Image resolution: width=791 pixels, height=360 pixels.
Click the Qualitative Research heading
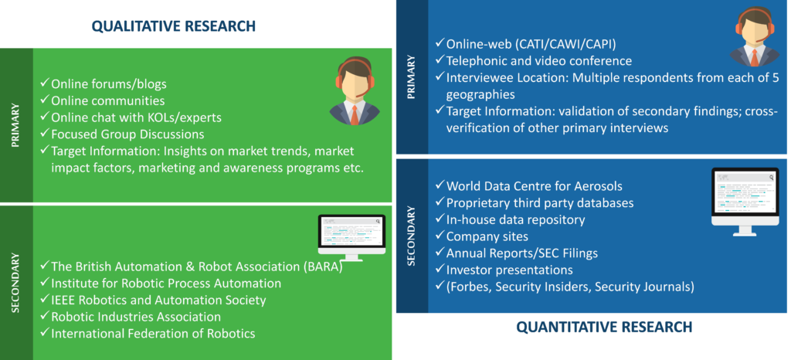pos(174,25)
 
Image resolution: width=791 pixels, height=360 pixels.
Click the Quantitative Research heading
pos(604,328)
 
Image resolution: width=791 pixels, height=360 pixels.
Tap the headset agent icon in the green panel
pos(355,91)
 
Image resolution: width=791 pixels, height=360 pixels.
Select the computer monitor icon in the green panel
pos(351,237)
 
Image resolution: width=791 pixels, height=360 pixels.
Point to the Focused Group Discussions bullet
pos(123,134)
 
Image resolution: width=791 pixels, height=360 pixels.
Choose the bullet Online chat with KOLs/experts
pos(131,117)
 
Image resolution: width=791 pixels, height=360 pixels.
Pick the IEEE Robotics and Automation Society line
pos(153,300)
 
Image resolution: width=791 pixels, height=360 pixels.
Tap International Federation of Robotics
pos(148,333)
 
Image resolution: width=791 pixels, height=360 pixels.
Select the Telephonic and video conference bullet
pos(534,61)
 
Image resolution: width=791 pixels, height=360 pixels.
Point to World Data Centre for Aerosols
pos(528,186)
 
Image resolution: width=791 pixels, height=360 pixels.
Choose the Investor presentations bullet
pos(504,270)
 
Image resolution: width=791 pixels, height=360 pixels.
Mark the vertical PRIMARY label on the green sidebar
pos(15,126)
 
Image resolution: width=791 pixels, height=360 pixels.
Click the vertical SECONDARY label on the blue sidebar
pos(411,236)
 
